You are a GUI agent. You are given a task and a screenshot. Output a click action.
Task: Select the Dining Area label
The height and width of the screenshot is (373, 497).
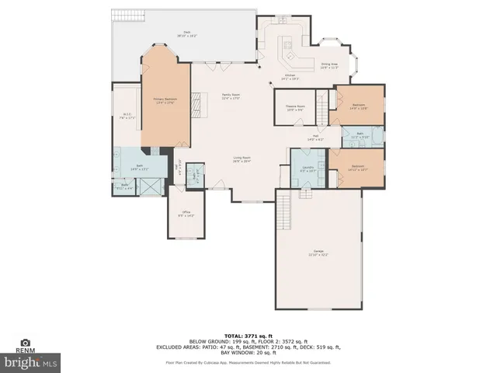[329, 66]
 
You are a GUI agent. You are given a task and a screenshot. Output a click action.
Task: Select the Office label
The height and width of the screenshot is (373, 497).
[186, 214]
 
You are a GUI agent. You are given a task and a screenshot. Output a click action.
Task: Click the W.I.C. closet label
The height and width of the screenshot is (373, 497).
[126, 117]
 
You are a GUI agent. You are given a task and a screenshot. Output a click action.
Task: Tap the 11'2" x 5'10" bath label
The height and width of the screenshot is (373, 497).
[360, 135]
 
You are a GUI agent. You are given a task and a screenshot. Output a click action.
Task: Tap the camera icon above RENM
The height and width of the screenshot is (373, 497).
[26, 343]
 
